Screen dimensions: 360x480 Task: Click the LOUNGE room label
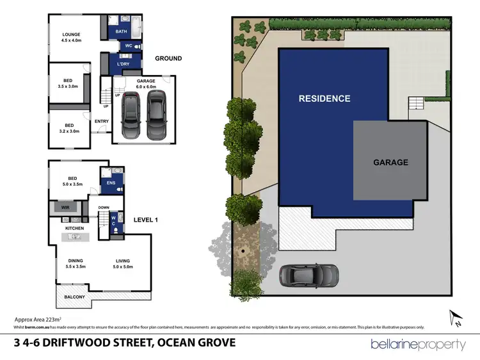[x=70, y=35]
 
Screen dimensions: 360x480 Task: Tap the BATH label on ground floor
[x=120, y=31]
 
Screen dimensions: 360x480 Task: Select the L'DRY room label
[x=122, y=64]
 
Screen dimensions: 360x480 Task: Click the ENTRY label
[x=101, y=121]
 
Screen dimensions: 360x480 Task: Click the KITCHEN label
[x=75, y=228]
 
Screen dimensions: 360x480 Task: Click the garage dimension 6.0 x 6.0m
[x=146, y=87]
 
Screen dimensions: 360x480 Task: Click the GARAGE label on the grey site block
[x=390, y=162]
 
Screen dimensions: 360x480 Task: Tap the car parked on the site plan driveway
[x=308, y=275]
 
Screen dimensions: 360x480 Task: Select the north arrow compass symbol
[x=455, y=316]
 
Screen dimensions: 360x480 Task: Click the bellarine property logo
[x=418, y=345]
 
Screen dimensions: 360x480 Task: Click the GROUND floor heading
[x=168, y=58]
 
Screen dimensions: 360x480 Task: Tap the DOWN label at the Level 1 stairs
[x=103, y=208]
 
